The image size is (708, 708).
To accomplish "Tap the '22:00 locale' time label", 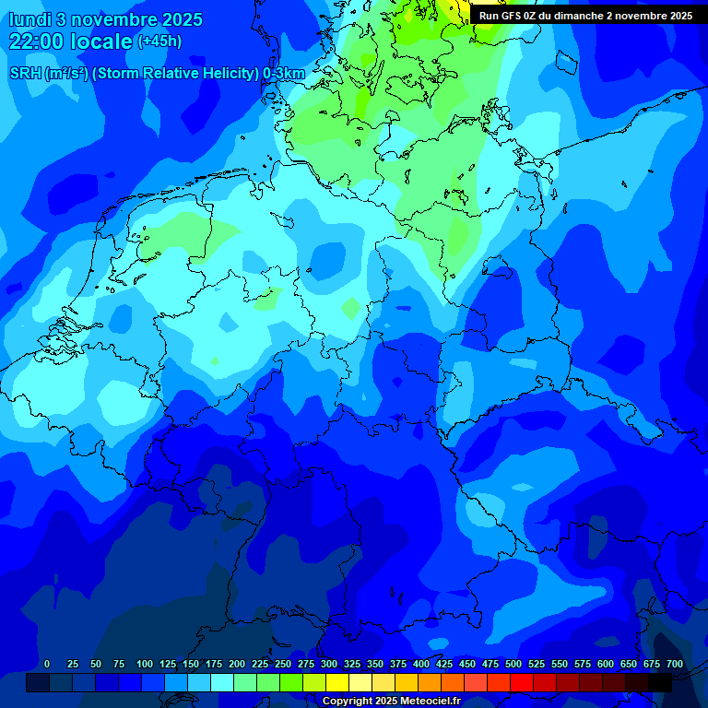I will point(70,41).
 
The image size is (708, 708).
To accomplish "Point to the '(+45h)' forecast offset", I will point(159,41).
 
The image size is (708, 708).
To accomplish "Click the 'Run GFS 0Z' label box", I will point(585,16).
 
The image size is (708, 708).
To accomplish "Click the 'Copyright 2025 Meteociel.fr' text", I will point(391,702).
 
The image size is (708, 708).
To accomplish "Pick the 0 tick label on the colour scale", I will point(47,665).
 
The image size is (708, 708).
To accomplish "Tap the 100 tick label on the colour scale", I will point(145,665).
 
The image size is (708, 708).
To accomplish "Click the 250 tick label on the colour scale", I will point(283,665).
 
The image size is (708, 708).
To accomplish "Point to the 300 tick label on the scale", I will point(329,665).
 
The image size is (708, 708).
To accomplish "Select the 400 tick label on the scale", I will point(421,665).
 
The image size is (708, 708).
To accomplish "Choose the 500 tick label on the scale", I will point(513,665).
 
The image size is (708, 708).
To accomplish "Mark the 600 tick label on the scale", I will point(606,665).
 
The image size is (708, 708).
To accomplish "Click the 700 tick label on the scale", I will point(675,665).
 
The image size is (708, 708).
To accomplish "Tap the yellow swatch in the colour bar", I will point(337,682).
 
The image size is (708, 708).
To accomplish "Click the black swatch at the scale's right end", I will point(660,682).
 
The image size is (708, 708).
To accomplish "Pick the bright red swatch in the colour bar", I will point(522,682).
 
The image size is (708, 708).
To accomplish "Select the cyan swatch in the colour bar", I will point(222,682).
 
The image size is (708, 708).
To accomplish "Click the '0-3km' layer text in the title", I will point(284,74).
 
